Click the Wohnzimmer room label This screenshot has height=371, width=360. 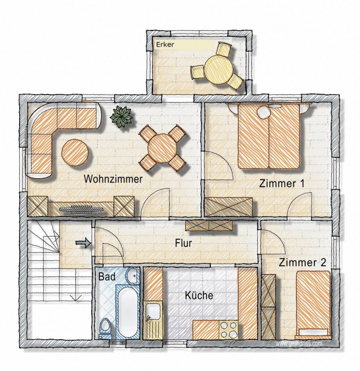click(113, 179)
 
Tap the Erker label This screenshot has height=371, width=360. click(165, 45)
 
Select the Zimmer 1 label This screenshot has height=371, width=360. click(281, 184)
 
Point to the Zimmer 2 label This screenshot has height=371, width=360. click(302, 262)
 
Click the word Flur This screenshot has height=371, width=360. click(183, 243)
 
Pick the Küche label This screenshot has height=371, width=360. click(199, 295)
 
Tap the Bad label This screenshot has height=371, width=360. click(107, 277)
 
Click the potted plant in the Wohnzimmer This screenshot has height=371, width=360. click(122, 117)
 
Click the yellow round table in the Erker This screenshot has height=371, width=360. click(219, 69)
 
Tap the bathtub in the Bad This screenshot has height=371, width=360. click(128, 312)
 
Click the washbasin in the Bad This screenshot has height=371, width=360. click(133, 276)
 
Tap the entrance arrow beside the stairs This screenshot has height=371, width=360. click(83, 243)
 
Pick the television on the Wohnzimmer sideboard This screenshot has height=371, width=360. click(82, 209)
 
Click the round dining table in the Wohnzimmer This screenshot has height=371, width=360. click(162, 148)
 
